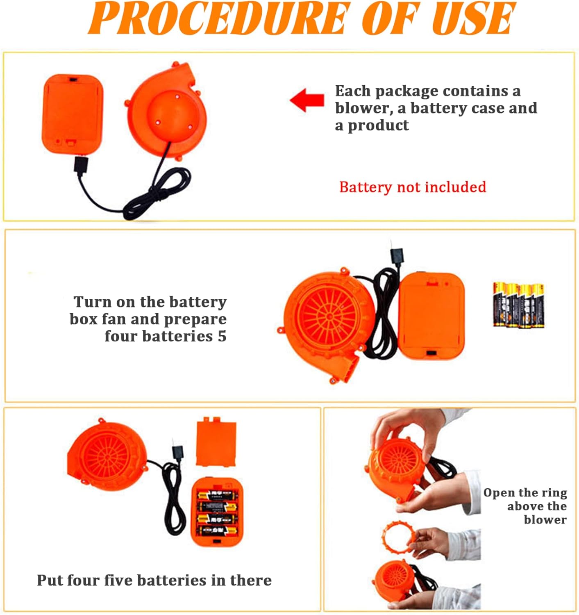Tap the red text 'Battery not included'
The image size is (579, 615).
pyautogui.click(x=412, y=187)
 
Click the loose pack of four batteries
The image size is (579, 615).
pyautogui.click(x=518, y=305)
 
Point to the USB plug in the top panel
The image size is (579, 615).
pyautogui.click(x=80, y=165)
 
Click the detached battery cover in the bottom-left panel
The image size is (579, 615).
pyautogui.click(x=216, y=442)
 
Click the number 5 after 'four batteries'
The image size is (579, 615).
pyautogui.click(x=222, y=336)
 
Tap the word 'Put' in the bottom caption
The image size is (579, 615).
pyautogui.click(x=49, y=580)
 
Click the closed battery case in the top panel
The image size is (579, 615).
pyautogui.click(x=73, y=114)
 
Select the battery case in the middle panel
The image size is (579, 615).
pyautogui.click(x=431, y=317)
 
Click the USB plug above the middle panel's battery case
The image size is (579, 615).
pyautogui.click(x=396, y=256)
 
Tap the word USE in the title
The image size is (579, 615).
pyautogui.click(x=473, y=18)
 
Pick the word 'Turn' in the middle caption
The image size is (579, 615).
pyautogui.click(x=92, y=302)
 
